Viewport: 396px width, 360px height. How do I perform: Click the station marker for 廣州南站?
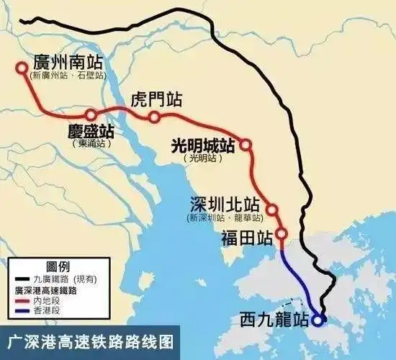tap(22, 68)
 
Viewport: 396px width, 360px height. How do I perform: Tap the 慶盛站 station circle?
tap(91, 114)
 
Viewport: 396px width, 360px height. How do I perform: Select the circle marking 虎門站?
tap(154, 117)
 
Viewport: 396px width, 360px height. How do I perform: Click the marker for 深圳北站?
tap(272, 210)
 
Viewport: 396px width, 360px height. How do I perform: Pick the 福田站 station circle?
tap(282, 234)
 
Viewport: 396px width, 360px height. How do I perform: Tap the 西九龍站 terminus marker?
tap(320, 317)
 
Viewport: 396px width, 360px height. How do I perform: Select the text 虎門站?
tap(154, 99)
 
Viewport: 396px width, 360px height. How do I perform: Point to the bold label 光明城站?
tap(202, 144)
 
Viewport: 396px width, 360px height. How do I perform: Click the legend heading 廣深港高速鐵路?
tap(48, 290)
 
